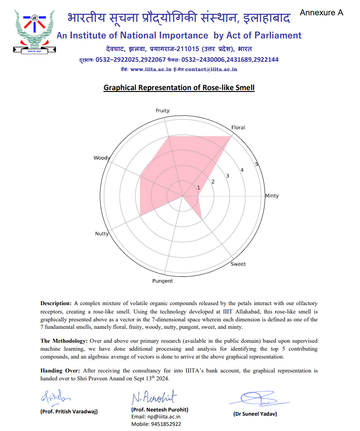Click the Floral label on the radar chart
[x=238, y=127]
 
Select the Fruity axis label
[x=162, y=111]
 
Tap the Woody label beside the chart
[x=102, y=158]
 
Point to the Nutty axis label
[x=102, y=234]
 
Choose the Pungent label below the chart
[x=162, y=281]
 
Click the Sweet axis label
[x=238, y=264]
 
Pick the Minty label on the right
[x=272, y=196]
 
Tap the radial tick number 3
[x=227, y=176]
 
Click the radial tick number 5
[x=257, y=164]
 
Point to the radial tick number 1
[x=199, y=188]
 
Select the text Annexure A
[x=321, y=13]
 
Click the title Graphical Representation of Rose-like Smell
[x=179, y=87]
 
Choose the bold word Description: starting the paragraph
[x=56, y=303]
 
